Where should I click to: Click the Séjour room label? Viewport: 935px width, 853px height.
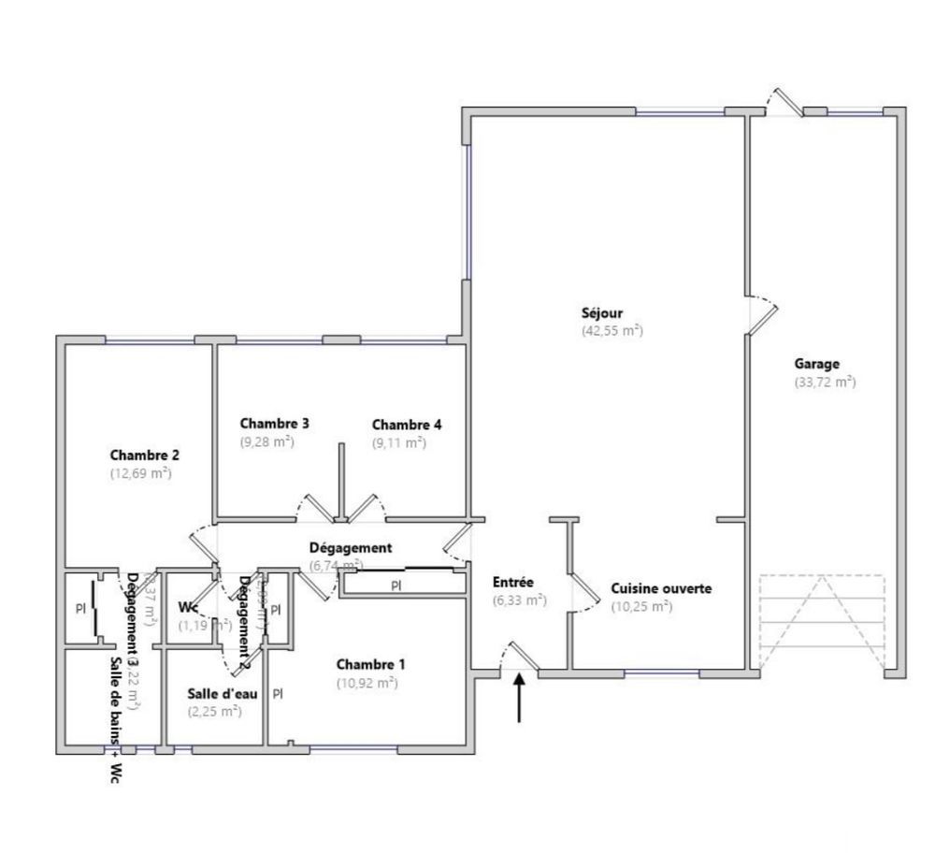click(x=601, y=313)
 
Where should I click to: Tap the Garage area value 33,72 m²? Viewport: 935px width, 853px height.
click(x=824, y=382)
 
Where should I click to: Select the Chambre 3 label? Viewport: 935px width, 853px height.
click(x=274, y=424)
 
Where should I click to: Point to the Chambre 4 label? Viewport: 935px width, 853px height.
click(x=407, y=425)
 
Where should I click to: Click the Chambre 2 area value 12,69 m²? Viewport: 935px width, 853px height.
click(x=140, y=473)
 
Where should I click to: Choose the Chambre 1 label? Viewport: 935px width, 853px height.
click(x=371, y=665)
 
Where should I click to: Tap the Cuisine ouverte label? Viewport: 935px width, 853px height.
click(x=661, y=589)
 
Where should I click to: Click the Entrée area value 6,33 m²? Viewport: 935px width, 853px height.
click(x=519, y=600)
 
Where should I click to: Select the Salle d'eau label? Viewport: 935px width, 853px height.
click(x=223, y=694)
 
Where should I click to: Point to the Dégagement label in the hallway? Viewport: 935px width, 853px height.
click(x=351, y=548)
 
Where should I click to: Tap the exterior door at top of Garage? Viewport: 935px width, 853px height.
click(x=784, y=102)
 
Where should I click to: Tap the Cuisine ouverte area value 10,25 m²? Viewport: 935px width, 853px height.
click(x=641, y=606)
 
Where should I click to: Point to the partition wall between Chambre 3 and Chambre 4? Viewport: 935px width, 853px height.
click(x=341, y=477)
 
